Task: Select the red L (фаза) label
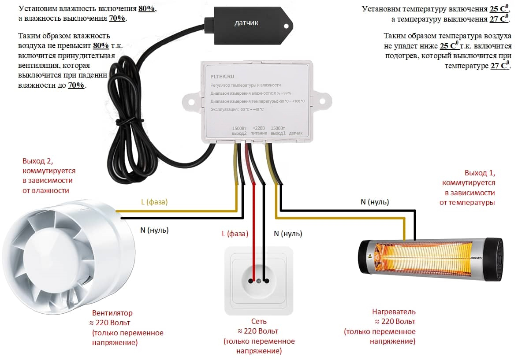235,234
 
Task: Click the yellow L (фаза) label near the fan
154,202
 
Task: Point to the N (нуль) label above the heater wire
375,202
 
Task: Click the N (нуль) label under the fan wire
154,230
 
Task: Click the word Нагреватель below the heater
394,312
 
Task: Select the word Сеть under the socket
258,321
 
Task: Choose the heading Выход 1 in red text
480,173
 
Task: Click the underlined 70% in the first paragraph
117,19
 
